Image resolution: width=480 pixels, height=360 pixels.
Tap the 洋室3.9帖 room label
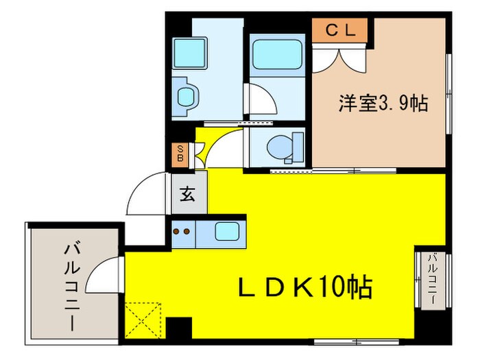383,103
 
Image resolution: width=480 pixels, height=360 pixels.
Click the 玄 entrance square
187,195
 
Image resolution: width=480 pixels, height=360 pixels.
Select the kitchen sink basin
226,231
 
